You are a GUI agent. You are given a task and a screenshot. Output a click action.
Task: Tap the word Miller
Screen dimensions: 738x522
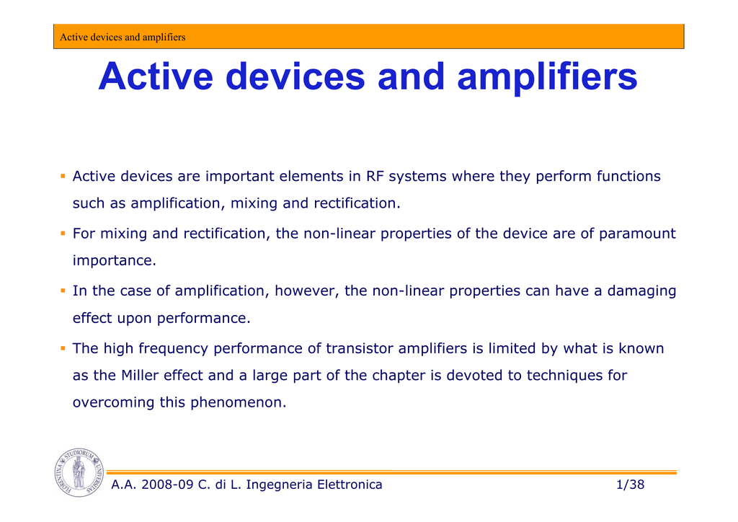(x=140, y=375)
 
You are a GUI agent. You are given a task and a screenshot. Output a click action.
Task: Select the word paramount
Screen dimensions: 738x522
(x=637, y=234)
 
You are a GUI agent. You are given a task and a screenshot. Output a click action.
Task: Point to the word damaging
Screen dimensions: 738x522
(x=641, y=291)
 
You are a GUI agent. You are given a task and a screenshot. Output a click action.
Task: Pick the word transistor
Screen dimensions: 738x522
(x=360, y=348)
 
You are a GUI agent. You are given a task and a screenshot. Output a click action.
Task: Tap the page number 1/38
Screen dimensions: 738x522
(x=630, y=485)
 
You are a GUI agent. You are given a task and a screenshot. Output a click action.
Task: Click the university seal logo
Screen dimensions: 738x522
(x=79, y=472)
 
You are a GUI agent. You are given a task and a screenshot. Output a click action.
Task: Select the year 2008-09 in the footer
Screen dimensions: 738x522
(x=167, y=485)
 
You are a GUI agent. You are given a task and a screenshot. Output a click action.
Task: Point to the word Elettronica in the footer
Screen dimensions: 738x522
(x=350, y=485)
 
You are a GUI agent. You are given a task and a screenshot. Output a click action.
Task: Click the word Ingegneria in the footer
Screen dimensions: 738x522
(x=279, y=485)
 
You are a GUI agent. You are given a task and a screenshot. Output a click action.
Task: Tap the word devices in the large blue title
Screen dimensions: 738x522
(x=295, y=76)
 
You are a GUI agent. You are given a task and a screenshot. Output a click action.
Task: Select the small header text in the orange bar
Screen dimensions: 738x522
(x=123, y=37)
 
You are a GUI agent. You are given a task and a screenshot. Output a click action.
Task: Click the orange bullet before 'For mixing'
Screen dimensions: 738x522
(x=63, y=234)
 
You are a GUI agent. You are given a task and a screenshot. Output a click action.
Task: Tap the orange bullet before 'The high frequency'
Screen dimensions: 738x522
(x=63, y=348)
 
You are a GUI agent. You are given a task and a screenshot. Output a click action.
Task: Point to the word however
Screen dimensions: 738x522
(x=307, y=291)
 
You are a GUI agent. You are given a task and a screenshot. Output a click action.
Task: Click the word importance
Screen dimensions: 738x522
(x=114, y=261)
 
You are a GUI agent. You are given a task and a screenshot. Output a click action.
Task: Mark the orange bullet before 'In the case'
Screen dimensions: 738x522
(x=63, y=291)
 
